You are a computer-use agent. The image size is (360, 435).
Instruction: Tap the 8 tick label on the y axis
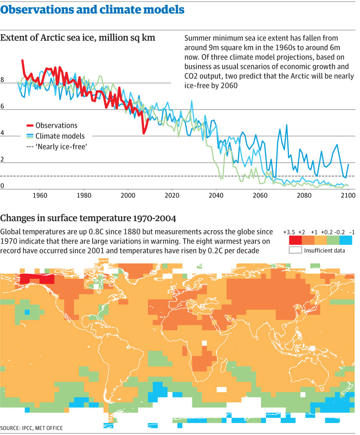coord(3,80)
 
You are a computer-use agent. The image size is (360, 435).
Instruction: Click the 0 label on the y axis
coord(3,186)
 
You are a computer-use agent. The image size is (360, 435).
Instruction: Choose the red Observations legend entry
coord(52,126)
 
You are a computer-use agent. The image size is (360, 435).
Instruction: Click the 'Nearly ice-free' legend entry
coord(57,146)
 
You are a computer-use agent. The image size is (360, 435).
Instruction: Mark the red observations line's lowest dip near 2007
coord(144,133)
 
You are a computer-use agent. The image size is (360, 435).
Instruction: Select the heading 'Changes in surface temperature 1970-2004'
coord(88,219)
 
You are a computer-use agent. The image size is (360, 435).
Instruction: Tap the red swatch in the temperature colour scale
coord(295,240)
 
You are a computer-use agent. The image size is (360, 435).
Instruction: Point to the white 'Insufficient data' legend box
coord(295,250)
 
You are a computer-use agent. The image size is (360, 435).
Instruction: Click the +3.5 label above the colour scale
coord(289,232)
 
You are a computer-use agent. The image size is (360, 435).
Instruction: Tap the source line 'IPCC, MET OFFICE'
coord(31,428)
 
